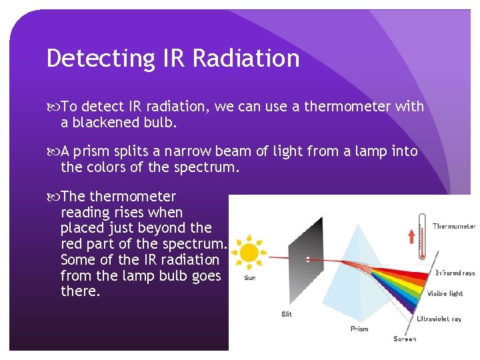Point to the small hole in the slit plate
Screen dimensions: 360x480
click(307, 259)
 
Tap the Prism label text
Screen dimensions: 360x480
click(359, 329)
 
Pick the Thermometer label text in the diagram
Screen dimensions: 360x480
click(454, 227)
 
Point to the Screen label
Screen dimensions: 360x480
click(405, 339)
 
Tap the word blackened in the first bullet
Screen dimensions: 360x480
click(105, 123)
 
